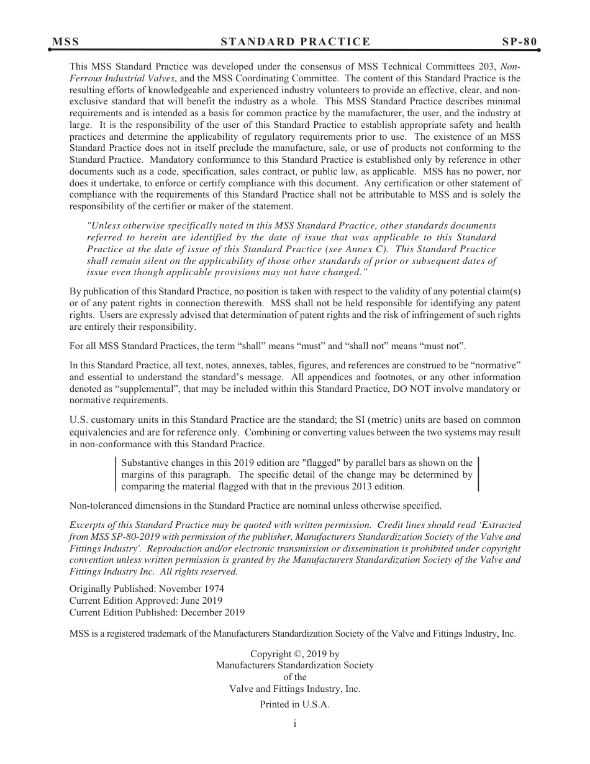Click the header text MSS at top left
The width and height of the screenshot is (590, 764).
tap(65, 42)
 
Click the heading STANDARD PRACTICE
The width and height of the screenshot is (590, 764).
tap(295, 42)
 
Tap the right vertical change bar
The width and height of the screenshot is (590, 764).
tap(478, 475)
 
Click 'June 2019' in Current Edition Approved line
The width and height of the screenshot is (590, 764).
tap(201, 601)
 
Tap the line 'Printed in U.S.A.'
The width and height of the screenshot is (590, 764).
tap(295, 705)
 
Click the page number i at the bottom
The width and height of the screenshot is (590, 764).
tap(295, 724)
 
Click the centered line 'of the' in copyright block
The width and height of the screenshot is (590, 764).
tap(295, 678)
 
